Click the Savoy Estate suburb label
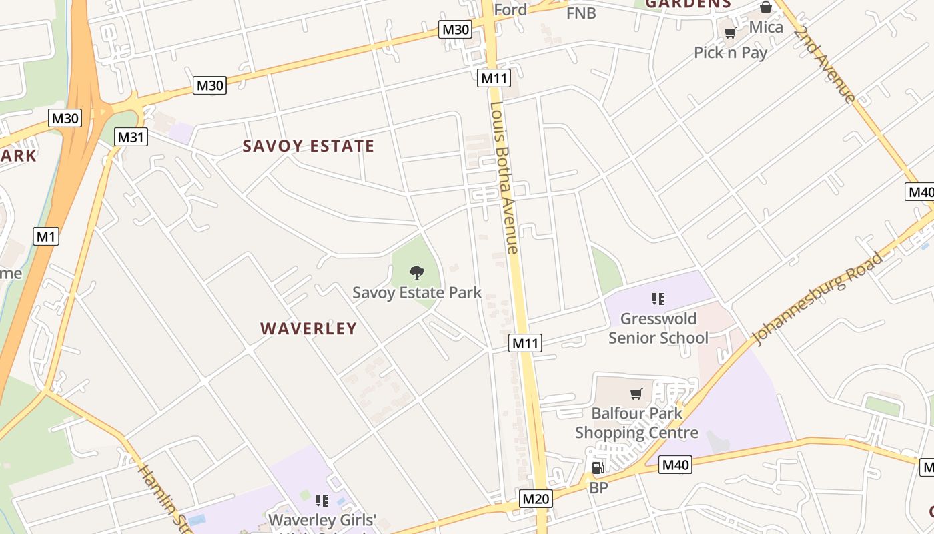[x=308, y=146]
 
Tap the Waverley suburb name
[x=308, y=328]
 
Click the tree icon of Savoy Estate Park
[x=417, y=272]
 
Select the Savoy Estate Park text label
[x=417, y=292]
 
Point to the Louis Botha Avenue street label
[x=504, y=178]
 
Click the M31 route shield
[x=131, y=138]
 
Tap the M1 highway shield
[x=46, y=236]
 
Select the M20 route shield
[x=536, y=499]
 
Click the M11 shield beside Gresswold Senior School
[x=525, y=344]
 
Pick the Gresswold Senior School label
[x=658, y=328]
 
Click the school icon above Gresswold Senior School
[x=658, y=298]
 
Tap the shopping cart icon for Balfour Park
[x=636, y=394]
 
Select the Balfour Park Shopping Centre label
[x=636, y=423]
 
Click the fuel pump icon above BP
[x=598, y=468]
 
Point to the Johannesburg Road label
[x=818, y=298]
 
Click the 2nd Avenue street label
[x=825, y=65]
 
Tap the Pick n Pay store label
[x=731, y=53]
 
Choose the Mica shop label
[x=766, y=27]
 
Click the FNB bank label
[x=580, y=13]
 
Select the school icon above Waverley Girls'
[x=322, y=500]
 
